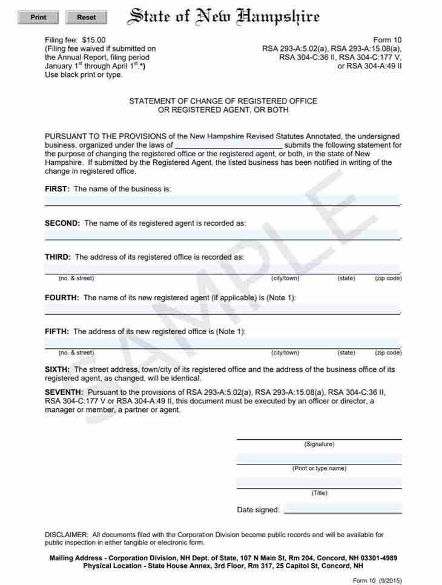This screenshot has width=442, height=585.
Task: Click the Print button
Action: pyautogui.click(x=38, y=18)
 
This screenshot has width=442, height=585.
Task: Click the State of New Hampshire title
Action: pyautogui.click(x=223, y=17)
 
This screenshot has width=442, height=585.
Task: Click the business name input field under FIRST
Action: pyautogui.click(x=222, y=200)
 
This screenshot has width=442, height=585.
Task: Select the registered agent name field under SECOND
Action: pyautogui.click(x=222, y=234)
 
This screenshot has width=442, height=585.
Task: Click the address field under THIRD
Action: pyautogui.click(x=222, y=268)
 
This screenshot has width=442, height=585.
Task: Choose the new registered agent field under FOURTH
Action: pyautogui.click(x=222, y=309)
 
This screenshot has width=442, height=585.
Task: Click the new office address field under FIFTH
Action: pyautogui.click(x=222, y=343)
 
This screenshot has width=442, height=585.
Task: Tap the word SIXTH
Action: pyautogui.click(x=57, y=369)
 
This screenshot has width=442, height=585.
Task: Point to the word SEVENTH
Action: pyautogui.click(x=64, y=392)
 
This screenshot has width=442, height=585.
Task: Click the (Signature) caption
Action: pyautogui.click(x=319, y=445)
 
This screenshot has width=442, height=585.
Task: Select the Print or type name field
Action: pyautogui.click(x=319, y=458)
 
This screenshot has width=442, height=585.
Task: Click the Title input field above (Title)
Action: pyautogui.click(x=319, y=483)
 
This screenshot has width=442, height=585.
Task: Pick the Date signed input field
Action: pyautogui.click(x=343, y=508)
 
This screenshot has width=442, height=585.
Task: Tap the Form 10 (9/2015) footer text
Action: pyautogui.click(x=377, y=581)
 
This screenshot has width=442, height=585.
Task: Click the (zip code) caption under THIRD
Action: pyautogui.click(x=388, y=279)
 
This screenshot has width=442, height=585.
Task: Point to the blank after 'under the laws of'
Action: pyautogui.click(x=228, y=145)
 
